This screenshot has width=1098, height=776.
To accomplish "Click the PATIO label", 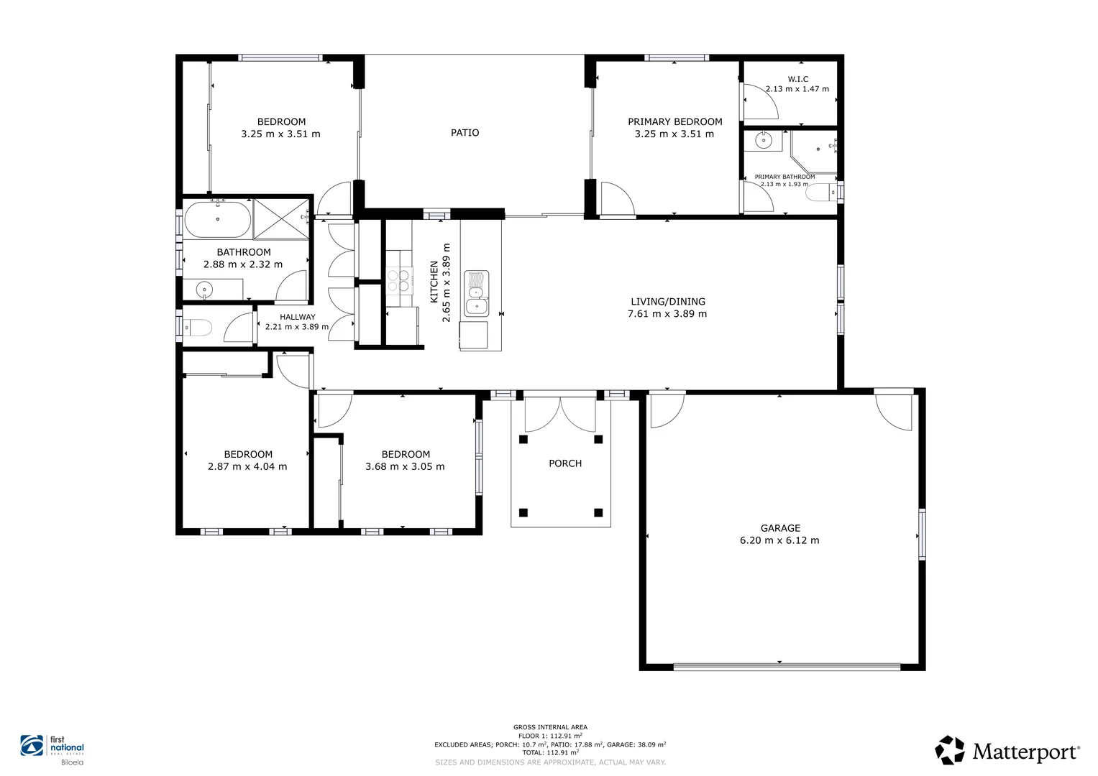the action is pos(465,133).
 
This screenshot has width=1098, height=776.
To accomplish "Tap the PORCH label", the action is pos(565,463).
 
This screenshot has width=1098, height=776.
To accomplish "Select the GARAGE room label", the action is pos(780,528).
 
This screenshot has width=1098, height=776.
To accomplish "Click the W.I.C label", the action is pos(798,79).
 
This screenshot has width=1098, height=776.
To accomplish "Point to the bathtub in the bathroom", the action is pos(218,219).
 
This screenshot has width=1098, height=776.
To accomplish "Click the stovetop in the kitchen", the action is pos(398,281).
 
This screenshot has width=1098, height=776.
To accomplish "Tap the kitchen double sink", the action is pos(477,293).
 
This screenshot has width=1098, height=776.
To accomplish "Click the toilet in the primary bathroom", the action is pos(822,193).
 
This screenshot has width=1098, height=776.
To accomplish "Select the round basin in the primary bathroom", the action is pos(763,141).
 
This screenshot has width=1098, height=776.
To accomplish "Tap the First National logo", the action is pos(52,750).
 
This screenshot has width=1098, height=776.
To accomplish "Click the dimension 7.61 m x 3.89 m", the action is pos(667,314).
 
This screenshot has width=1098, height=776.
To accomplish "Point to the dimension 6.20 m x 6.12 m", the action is pos(779,540).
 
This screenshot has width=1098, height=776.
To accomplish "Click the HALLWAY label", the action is pos(298,317).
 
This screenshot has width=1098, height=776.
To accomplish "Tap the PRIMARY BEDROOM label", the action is pos(675,121).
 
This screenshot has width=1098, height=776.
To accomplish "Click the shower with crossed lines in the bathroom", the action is pos(281,219).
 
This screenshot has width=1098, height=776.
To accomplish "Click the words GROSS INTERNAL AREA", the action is pos(550,727).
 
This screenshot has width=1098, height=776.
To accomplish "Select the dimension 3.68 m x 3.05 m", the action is pos(405,467).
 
